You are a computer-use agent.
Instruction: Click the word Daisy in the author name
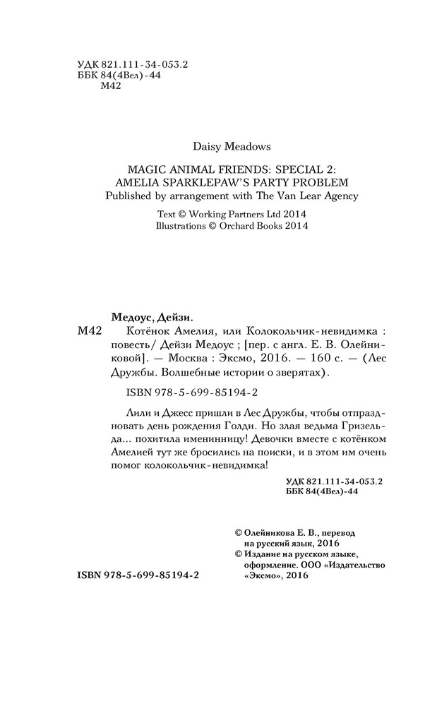coord(206,146)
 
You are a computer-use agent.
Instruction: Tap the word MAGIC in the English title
coord(145,169)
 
